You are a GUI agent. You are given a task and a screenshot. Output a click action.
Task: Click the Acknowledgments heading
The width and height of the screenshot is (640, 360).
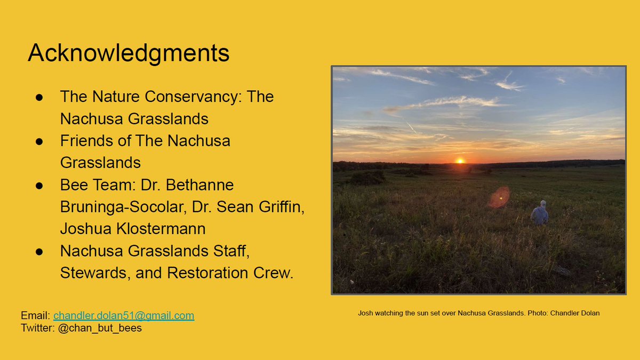[x=129, y=53]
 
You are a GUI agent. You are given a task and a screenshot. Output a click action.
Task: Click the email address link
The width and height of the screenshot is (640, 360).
[x=124, y=315]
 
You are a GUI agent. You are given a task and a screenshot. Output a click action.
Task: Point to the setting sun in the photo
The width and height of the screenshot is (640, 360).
[x=460, y=161]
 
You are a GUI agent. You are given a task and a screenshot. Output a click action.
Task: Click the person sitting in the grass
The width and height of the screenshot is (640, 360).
[x=540, y=214]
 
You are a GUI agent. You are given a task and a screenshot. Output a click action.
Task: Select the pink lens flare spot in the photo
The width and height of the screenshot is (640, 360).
[x=499, y=198]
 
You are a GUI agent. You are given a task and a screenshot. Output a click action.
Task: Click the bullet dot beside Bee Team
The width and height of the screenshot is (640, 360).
[x=39, y=185]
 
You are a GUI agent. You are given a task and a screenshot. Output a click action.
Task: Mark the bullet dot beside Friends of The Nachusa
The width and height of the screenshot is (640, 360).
[x=39, y=141]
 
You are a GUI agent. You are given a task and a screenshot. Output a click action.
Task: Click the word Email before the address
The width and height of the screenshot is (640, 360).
[x=35, y=315]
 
